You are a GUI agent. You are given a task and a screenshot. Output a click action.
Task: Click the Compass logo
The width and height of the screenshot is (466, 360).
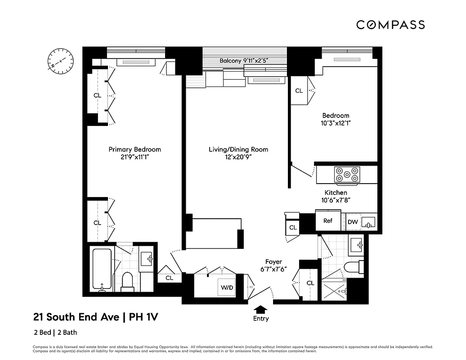click(x=390, y=25)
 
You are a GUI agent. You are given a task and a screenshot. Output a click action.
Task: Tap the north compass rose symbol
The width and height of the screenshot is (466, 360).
click(x=60, y=60)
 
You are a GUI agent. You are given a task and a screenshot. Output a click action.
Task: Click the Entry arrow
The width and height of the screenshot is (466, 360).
click(x=260, y=310)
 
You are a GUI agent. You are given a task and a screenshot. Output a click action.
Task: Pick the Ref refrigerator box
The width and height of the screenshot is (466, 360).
click(x=328, y=221)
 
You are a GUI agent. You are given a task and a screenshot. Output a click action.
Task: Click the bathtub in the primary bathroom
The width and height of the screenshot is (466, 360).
click(x=102, y=269)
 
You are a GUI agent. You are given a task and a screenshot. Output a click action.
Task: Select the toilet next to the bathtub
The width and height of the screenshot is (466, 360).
click(x=127, y=281)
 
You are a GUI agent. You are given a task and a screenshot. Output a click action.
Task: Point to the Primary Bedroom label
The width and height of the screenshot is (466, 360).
click(x=134, y=149)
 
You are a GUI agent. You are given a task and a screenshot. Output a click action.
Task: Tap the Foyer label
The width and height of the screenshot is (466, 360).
click(x=273, y=261)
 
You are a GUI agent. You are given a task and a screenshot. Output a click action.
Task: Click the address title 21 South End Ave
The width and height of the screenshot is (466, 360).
click(x=76, y=317)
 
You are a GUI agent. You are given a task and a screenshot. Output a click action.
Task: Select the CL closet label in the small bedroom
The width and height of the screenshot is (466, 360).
click(x=299, y=91)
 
